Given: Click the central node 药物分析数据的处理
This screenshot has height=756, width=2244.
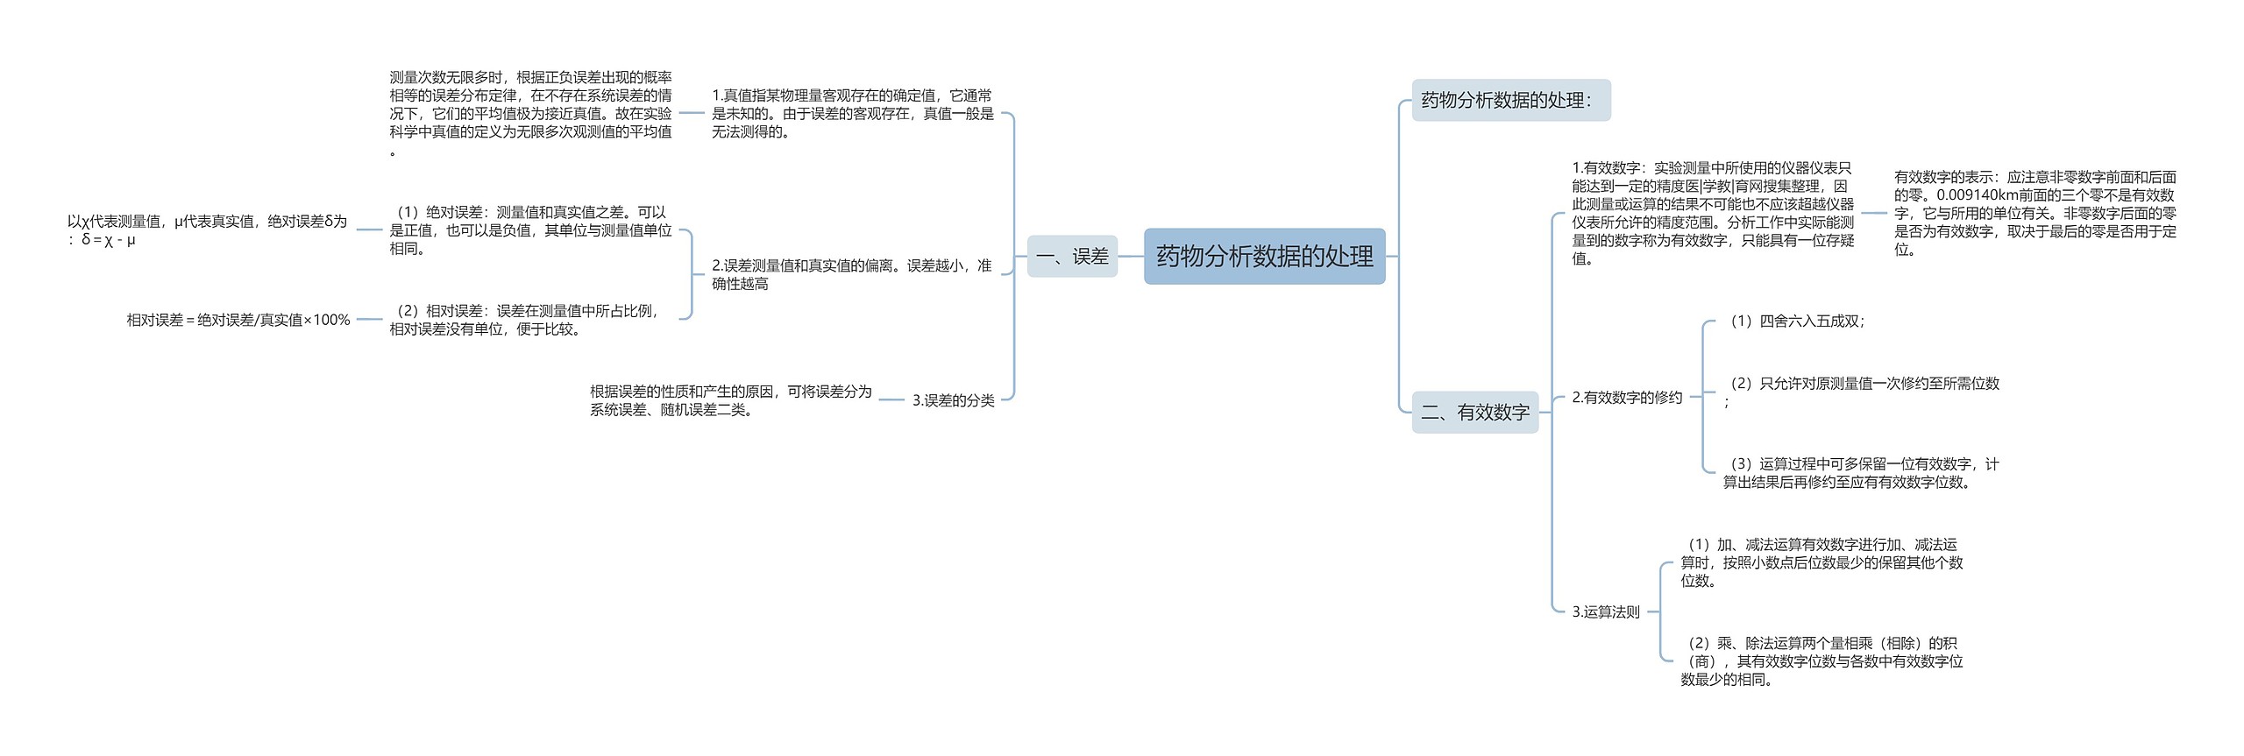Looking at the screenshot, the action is point(1264,257).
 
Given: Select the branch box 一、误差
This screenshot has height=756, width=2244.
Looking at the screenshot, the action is point(1072,257).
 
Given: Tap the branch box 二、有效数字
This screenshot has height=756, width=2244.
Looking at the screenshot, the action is point(1475,412).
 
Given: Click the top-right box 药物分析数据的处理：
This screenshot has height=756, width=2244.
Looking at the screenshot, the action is point(1510,101).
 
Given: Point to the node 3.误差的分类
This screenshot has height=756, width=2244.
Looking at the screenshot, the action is point(953,400).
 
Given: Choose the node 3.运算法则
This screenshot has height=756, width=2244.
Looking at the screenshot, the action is point(1605,612).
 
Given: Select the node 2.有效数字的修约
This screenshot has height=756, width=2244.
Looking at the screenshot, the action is point(1627,398).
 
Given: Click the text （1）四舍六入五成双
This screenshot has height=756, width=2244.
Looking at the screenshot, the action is point(1794,321).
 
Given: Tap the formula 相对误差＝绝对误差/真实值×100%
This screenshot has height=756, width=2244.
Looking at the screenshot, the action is point(238,321).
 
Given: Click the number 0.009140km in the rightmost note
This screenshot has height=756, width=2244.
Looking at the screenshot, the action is point(1973,195).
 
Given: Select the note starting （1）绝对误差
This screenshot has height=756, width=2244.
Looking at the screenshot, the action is point(530,230).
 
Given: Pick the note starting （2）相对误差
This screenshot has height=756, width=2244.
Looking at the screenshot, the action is point(526,320).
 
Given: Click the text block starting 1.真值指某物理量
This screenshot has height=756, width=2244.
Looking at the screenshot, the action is point(852,113).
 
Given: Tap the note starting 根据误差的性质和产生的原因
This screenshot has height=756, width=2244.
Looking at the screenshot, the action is point(731,400).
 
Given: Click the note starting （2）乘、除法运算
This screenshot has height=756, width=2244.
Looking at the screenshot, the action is point(1821,661).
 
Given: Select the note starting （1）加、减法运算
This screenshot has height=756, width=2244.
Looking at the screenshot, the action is point(1821,562).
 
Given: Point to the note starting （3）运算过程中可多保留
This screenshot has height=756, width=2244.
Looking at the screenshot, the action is point(1861,473).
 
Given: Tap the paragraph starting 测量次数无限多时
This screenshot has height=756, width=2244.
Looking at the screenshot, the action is point(530,113).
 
